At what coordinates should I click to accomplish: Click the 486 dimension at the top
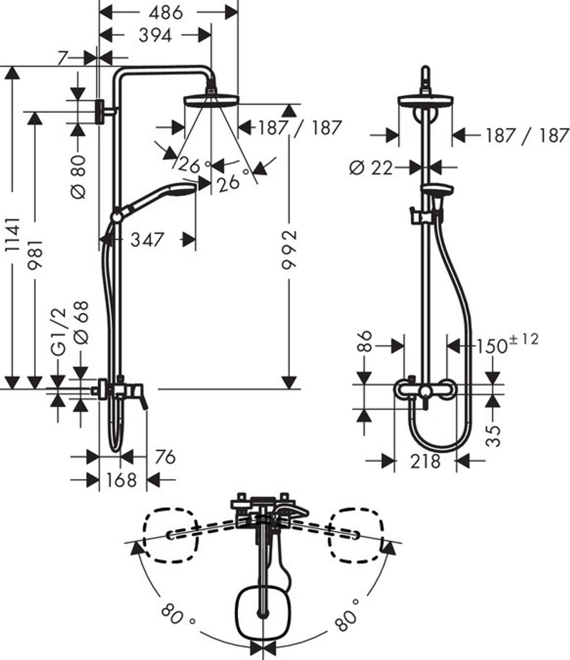[x=168, y=13]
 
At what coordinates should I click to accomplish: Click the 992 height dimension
[x=291, y=250]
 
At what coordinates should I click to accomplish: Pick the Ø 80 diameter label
[x=79, y=177]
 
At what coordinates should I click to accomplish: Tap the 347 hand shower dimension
[x=147, y=239]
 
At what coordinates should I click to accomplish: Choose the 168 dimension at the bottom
[x=121, y=480]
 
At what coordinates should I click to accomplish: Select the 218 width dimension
[x=425, y=461]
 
